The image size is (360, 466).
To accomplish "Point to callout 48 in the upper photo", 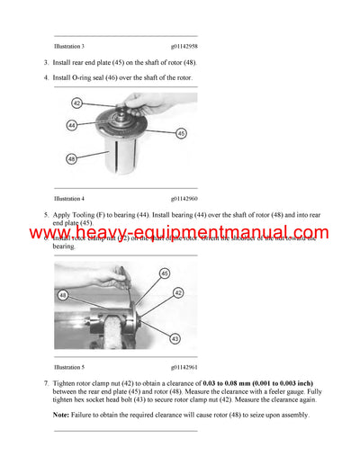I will click(72, 158).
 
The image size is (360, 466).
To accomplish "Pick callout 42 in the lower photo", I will click(178, 293).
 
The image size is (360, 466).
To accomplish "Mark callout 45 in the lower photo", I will click(164, 273).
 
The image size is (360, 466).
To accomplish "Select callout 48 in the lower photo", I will click(63, 294).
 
